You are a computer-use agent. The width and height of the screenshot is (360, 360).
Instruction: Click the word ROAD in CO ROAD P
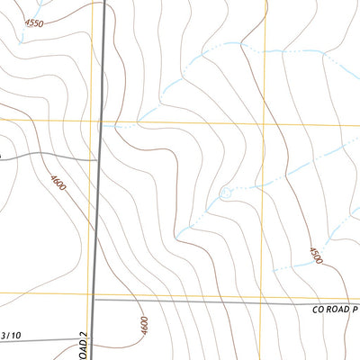[335, 309]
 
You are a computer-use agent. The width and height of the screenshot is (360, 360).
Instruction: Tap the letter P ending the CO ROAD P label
[355, 309]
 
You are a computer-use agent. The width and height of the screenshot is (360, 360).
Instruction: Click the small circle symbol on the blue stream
[225, 193]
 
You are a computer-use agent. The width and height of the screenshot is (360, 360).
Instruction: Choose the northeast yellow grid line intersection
[265, 123]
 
